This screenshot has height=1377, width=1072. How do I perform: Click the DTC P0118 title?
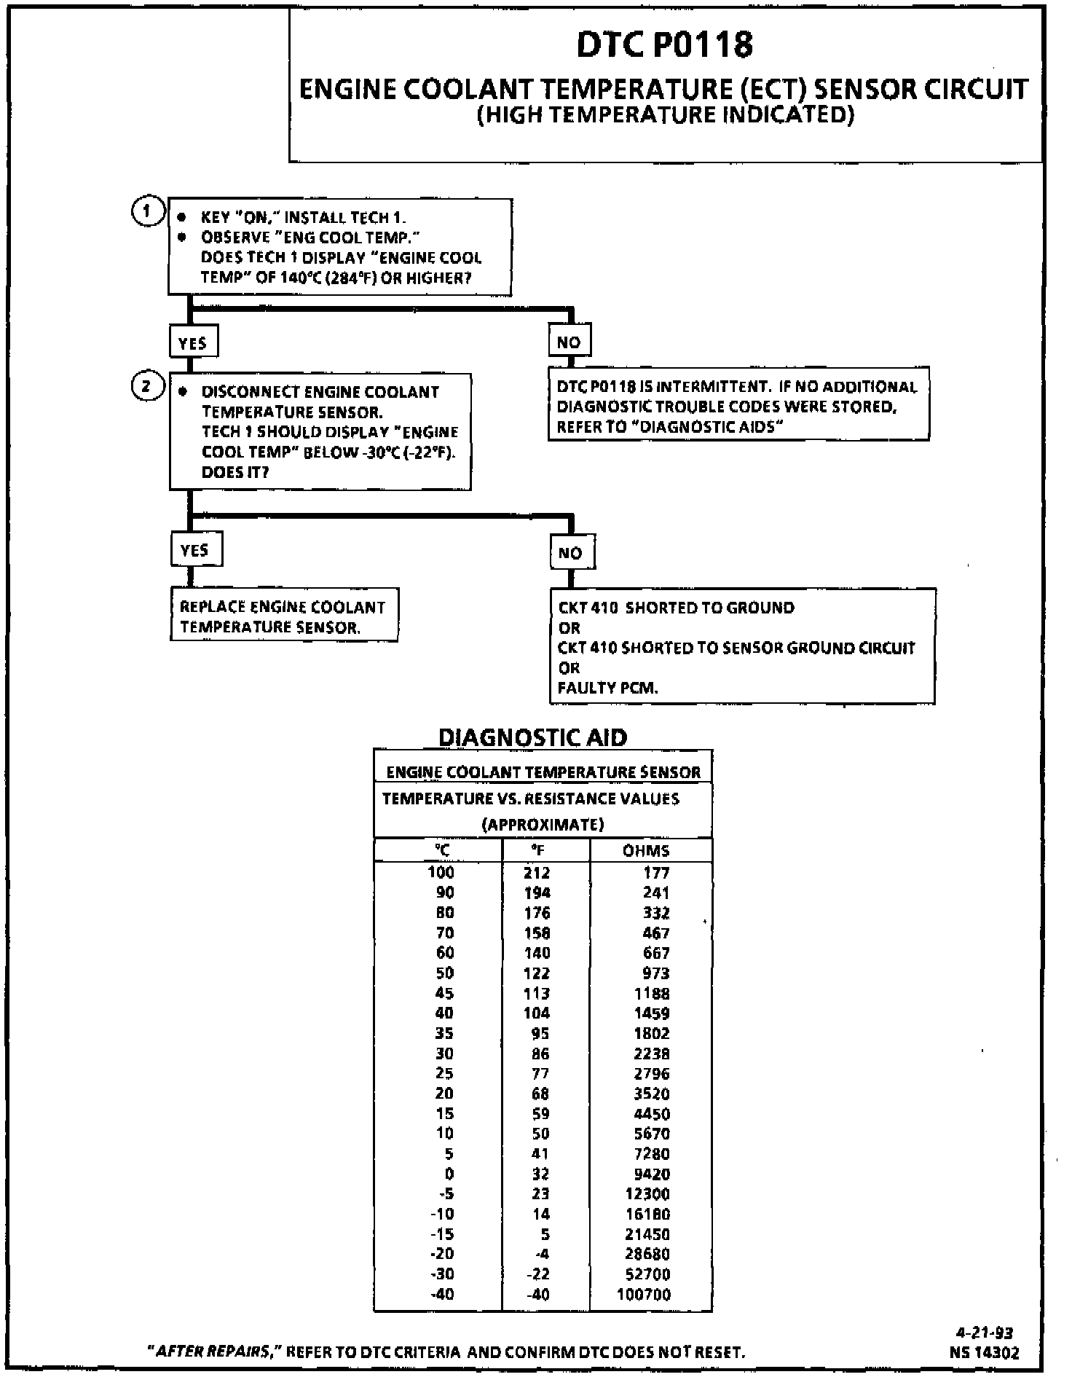(664, 45)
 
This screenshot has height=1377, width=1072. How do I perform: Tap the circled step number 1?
(146, 212)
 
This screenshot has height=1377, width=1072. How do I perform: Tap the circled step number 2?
(146, 386)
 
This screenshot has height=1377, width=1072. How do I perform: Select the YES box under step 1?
(193, 342)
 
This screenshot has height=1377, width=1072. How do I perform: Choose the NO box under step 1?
(569, 342)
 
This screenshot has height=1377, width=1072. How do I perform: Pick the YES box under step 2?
(195, 550)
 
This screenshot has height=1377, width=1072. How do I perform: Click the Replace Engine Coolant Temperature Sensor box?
(283, 616)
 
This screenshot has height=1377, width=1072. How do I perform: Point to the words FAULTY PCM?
(607, 688)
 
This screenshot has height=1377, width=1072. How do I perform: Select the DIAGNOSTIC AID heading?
(532, 737)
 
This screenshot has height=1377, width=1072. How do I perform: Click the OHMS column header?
(646, 850)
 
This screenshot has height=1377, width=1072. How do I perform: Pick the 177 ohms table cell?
(657, 873)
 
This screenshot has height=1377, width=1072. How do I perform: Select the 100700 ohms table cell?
(644, 1295)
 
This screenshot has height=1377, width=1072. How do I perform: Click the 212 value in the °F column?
(537, 873)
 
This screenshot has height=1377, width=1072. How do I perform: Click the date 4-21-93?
(984, 1333)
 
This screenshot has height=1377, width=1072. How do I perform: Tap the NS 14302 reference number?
(984, 1352)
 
